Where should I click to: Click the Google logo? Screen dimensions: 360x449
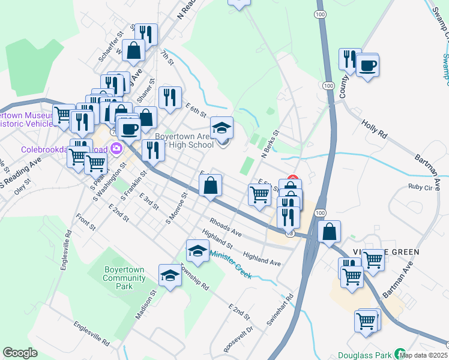pos(20,353)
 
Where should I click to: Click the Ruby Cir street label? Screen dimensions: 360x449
pos(420,187)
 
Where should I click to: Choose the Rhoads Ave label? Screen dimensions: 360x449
pos(225,227)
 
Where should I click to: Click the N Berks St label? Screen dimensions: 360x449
pos(270,144)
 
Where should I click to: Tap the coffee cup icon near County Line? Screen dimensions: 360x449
pos(367,64)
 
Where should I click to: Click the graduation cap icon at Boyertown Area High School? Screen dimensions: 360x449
pos(221,128)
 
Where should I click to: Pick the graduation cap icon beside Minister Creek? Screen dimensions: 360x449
pos(197,251)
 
